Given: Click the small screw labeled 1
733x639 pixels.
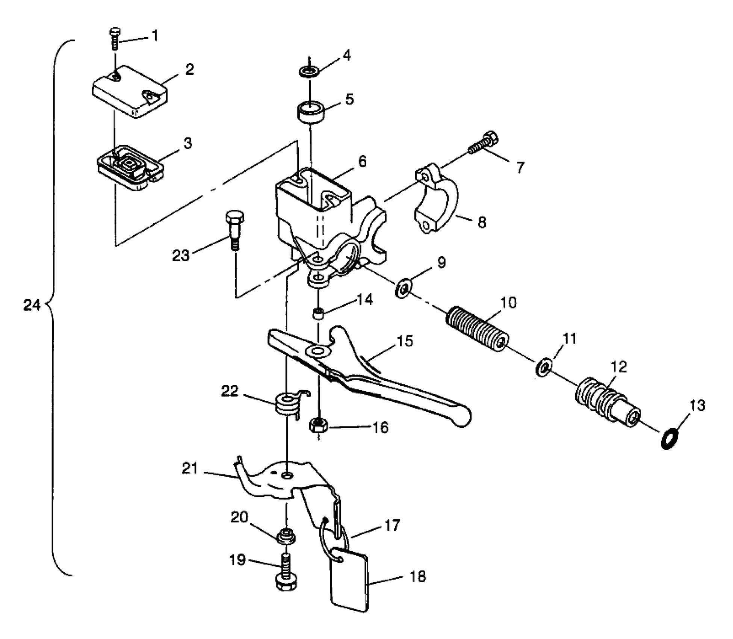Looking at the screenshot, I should pyautogui.click(x=113, y=39).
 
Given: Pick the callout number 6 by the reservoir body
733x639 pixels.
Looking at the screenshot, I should pyautogui.click(x=362, y=162).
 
